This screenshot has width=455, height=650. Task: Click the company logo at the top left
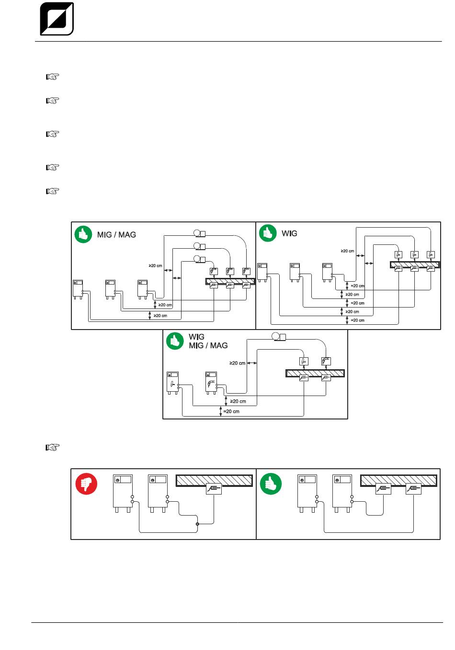tap(57, 19)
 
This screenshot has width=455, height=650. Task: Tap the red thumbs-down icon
tap(86, 484)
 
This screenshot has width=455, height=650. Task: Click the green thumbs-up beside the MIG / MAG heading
tap(83, 234)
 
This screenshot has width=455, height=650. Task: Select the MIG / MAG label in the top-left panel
tap(116, 234)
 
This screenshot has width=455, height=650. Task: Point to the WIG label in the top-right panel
tap(289, 233)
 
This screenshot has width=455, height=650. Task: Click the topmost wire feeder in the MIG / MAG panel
tap(200, 233)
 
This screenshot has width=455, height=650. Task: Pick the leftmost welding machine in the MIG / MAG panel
tap(78, 289)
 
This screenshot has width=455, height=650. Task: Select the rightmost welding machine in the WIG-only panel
tap(328, 272)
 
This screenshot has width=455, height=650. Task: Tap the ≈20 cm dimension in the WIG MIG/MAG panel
tap(231, 411)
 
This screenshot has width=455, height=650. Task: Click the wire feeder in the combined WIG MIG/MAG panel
tap(279, 337)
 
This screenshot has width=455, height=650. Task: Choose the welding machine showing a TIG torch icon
tap(172, 383)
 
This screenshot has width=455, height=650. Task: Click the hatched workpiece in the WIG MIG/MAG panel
tap(315, 373)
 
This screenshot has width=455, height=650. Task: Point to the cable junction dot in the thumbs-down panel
tap(198, 524)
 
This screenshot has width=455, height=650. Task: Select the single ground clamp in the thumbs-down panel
tap(214, 489)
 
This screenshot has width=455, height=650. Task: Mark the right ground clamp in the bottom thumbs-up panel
tap(413, 489)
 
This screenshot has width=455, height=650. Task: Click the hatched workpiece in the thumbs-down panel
tap(214, 481)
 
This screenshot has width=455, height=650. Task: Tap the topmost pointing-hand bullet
tap(53, 77)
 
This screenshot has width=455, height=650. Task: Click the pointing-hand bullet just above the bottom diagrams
tap(53, 448)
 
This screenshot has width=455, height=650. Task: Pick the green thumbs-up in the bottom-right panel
tap(271, 484)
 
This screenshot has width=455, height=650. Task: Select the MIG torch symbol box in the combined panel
tap(326, 361)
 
